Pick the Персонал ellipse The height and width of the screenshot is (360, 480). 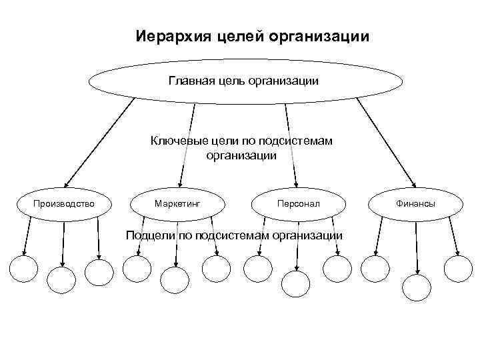pos(299,202)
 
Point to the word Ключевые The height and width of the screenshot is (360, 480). pos(176,141)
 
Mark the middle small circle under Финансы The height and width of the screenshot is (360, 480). pos(418,285)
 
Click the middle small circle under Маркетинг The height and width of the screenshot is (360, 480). pos(178,280)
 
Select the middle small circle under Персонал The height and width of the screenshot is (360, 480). pos(295,283)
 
